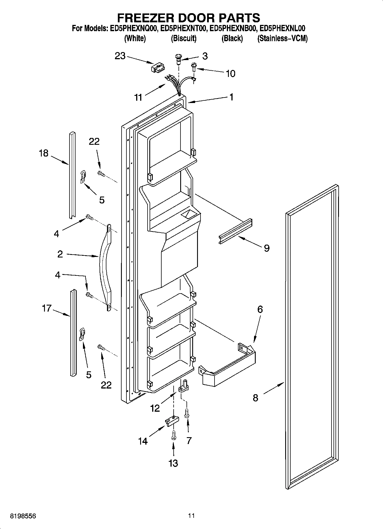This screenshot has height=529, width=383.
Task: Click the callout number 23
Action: click(x=120, y=56)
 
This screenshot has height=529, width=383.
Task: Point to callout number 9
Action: click(x=266, y=248)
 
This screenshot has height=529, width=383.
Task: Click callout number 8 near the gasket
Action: click(x=255, y=398)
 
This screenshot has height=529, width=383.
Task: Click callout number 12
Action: click(x=155, y=408)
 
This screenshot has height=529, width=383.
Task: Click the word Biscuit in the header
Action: click(x=183, y=38)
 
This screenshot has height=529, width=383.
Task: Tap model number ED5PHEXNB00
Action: click(x=232, y=28)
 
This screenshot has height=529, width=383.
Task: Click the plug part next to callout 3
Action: click(x=178, y=58)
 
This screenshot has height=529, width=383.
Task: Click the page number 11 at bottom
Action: click(x=191, y=516)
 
